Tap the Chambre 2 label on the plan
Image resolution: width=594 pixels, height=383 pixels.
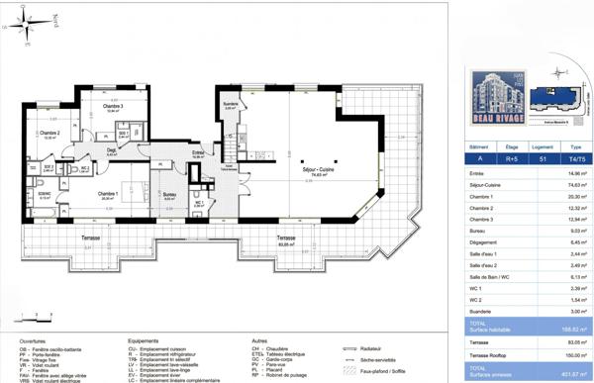(x=49, y=133)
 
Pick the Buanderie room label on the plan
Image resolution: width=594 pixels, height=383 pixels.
(x=231, y=104)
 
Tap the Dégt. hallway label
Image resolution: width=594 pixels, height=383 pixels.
(x=111, y=150)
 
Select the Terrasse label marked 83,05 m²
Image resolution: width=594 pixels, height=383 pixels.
(x=285, y=239)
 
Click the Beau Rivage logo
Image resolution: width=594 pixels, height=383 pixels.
(x=492, y=93)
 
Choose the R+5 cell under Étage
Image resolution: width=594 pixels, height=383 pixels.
(x=511, y=156)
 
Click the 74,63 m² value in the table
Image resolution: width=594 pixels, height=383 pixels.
(x=564, y=184)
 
